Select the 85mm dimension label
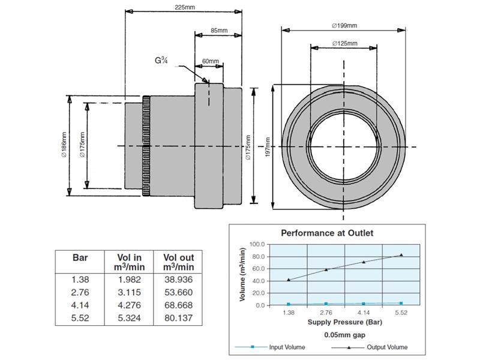(x=218, y=31)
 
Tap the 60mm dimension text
(x=210, y=61)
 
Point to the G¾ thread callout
(x=161, y=60)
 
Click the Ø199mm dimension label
(x=344, y=25)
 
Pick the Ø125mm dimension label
(x=344, y=43)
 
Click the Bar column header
(x=80, y=257)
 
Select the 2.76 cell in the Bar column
(x=80, y=292)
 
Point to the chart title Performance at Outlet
(x=328, y=232)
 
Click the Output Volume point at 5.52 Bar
(x=401, y=255)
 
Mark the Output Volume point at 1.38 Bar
(x=289, y=280)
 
